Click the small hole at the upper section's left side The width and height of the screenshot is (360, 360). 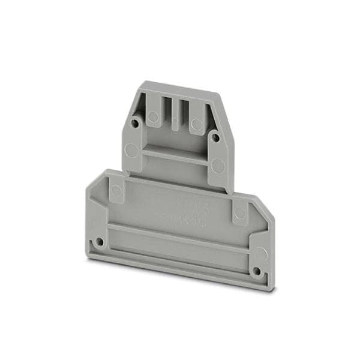136,124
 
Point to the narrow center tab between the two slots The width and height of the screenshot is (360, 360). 175,114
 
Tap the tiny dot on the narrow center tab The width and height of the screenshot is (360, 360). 175,120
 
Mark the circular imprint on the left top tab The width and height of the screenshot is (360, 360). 153,118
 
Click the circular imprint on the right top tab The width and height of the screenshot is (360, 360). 196,125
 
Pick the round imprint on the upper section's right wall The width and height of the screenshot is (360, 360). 218,166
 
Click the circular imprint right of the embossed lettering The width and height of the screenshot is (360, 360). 239,212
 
